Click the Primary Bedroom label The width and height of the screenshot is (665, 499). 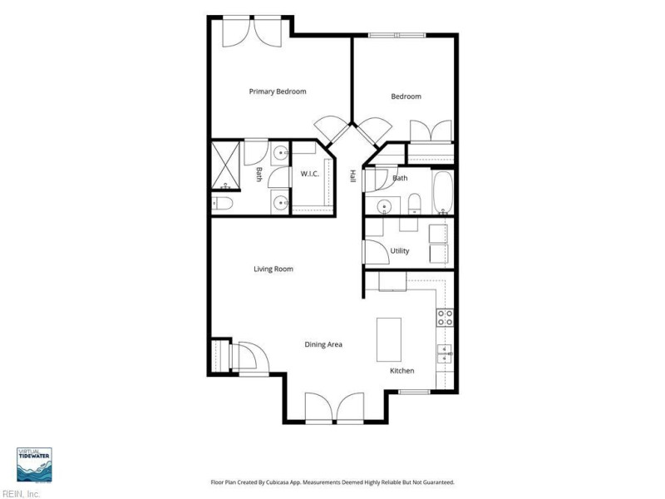(278, 91)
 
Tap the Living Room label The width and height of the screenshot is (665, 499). (273, 269)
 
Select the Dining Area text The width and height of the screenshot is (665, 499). (323, 344)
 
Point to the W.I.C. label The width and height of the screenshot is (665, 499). (309, 174)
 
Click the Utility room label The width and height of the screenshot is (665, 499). (400, 251)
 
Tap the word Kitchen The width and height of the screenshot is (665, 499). (402, 371)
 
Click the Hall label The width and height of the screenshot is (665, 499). (352, 176)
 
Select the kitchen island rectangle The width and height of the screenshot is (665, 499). (389, 339)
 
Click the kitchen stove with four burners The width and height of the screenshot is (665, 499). (446, 318)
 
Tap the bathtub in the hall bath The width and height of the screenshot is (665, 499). (443, 192)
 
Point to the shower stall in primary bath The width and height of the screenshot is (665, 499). (226, 166)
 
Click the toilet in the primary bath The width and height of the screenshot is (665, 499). (222, 204)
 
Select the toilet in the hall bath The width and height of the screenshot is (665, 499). (414, 203)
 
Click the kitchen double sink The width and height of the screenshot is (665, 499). (445, 354)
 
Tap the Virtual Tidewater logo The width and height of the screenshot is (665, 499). (34, 465)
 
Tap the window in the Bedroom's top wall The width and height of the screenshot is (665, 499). (397, 35)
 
